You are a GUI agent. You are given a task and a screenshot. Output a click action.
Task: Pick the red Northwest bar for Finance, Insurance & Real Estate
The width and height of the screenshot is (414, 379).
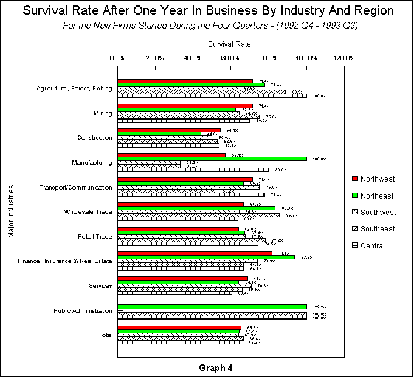(195, 253)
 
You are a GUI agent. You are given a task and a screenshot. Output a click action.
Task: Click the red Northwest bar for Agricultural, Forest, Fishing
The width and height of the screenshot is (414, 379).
(185, 81)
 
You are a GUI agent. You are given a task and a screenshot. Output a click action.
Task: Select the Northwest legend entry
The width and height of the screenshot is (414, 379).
(377, 179)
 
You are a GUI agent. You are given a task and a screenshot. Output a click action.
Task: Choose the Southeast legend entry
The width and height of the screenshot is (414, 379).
(377, 229)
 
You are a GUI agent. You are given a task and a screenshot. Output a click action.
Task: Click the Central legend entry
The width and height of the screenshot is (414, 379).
(372, 246)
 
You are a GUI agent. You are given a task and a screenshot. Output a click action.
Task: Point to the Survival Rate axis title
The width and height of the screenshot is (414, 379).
(229, 44)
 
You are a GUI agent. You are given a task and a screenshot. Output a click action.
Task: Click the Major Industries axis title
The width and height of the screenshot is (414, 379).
(12, 212)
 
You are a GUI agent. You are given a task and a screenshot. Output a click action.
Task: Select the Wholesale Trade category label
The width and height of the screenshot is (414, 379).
(88, 211)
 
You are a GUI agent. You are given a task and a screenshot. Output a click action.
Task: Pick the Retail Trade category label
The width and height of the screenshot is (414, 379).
(95, 236)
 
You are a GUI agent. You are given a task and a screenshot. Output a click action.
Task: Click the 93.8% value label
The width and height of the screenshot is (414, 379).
(303, 257)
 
